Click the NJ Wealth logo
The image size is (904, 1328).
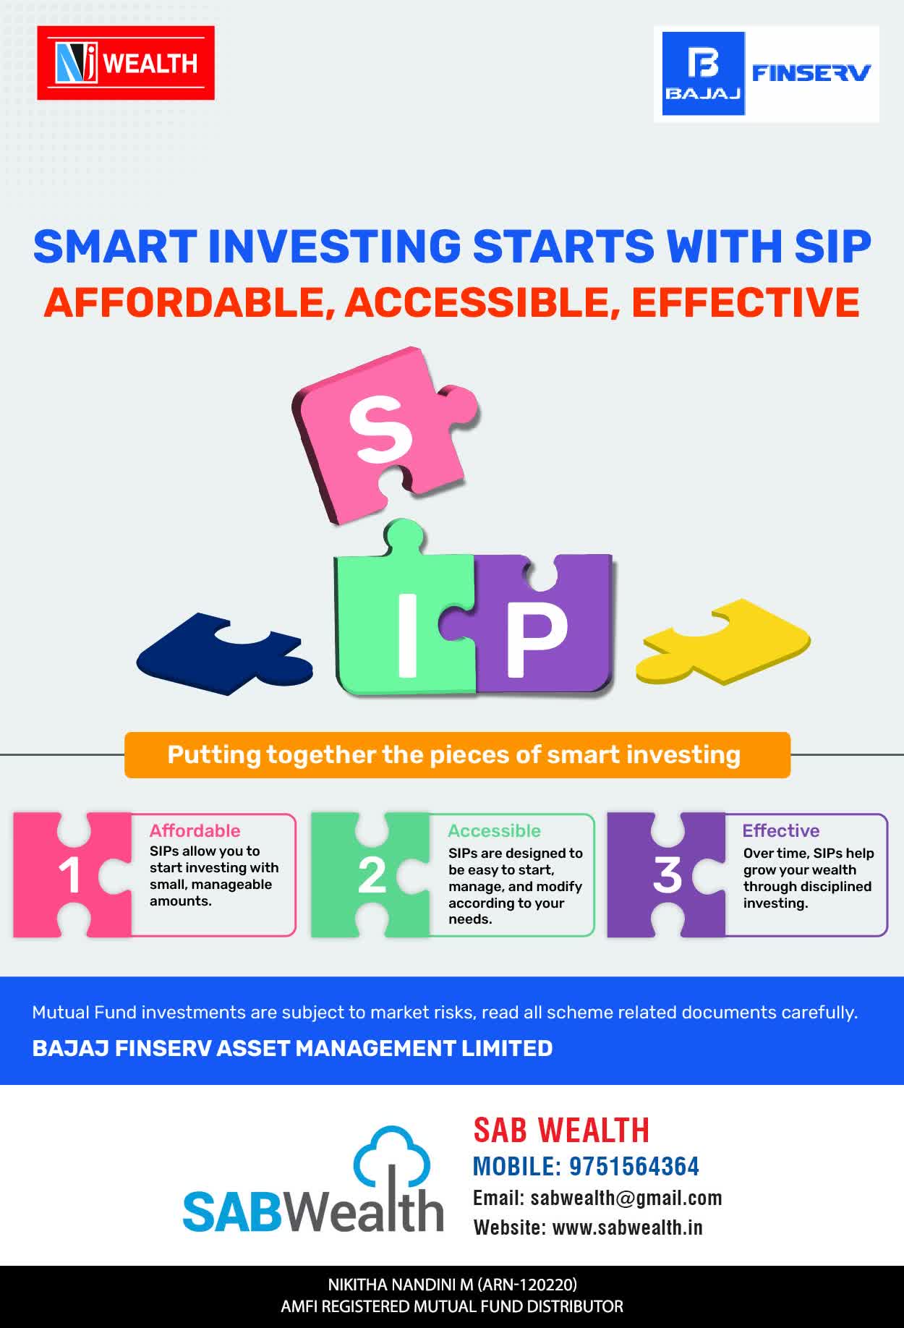point(126,63)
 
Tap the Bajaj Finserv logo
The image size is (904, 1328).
point(767,74)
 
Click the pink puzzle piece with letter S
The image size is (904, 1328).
point(383,435)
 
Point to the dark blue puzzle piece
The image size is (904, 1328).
point(223,653)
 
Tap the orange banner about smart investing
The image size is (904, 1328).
point(457,755)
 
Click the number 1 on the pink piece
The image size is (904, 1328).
point(69,876)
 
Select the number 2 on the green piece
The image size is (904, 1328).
point(372,876)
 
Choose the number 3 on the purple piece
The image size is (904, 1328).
point(667,874)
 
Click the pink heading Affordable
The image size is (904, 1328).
point(195,830)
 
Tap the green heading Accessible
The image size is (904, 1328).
point(494,830)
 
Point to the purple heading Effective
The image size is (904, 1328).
point(781,830)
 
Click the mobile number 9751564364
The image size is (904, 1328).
point(634,1166)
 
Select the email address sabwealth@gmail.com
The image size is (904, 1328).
point(626,1198)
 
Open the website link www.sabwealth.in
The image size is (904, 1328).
point(628,1227)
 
